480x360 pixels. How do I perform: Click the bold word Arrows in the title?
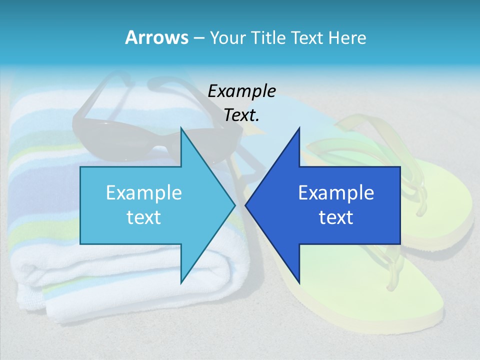click(x=156, y=37)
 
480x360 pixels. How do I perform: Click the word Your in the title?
click(x=227, y=37)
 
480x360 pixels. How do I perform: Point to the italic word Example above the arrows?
click(x=242, y=91)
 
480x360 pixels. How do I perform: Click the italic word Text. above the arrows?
click(x=242, y=115)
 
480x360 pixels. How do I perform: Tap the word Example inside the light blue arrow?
click(x=144, y=193)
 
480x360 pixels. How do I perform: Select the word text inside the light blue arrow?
click(x=144, y=217)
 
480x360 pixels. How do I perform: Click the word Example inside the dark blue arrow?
click(x=336, y=193)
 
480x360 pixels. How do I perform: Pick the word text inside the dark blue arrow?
click(x=336, y=217)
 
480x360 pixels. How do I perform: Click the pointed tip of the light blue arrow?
click(x=234, y=204)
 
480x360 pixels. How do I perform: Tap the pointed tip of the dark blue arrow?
click(x=246, y=204)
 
